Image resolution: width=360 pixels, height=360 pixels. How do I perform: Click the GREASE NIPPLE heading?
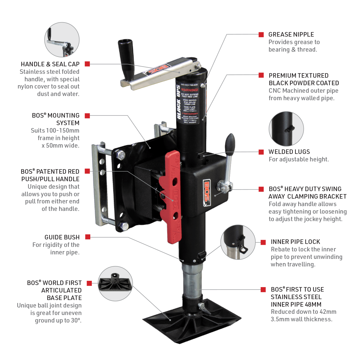point(291,34)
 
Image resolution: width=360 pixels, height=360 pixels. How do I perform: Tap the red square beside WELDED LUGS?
point(261,152)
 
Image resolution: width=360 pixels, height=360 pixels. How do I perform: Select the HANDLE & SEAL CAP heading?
point(50,64)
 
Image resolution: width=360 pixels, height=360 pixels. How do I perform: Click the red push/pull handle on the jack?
point(173,195)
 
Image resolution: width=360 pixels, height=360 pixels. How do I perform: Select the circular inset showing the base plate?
point(115,284)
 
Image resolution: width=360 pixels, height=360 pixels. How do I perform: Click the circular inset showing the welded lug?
point(286,129)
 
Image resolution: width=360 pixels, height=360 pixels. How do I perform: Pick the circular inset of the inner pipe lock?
point(238,242)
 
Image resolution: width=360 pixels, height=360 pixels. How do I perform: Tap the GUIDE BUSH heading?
point(62,237)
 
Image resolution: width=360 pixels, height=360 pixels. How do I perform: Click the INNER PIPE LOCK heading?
point(295,242)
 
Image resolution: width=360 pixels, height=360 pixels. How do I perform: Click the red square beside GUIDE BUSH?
point(88,237)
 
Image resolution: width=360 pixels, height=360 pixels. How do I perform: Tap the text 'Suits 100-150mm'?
point(55,130)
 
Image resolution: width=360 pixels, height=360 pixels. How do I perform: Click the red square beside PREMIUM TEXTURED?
point(261,76)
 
